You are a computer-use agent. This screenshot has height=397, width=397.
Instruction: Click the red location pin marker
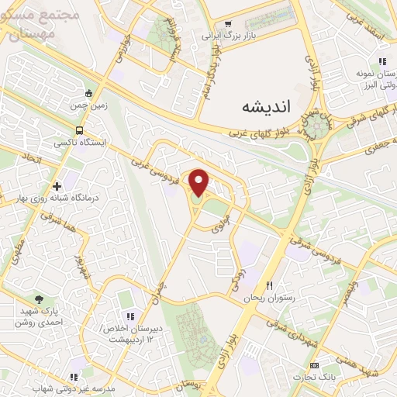click(199, 183)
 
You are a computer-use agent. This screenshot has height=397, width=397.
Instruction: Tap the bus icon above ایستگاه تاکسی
click(81, 131)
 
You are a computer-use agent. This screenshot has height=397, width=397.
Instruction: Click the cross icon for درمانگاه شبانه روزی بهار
click(57, 186)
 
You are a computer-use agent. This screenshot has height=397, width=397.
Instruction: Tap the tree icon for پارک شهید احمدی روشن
click(40, 299)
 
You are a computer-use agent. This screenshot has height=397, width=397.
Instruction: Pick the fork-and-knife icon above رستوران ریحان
click(269, 285)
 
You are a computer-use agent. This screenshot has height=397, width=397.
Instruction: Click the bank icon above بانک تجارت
click(313, 364)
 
